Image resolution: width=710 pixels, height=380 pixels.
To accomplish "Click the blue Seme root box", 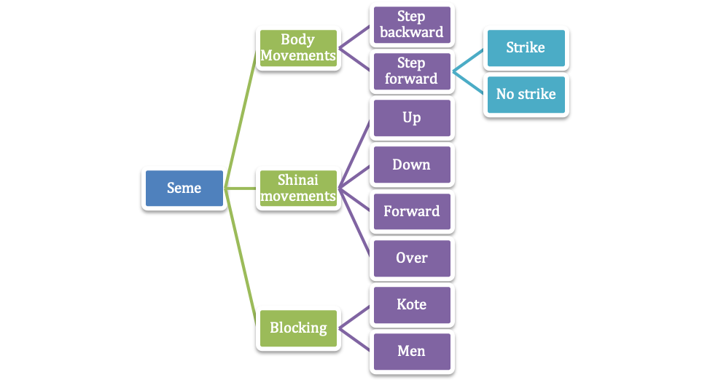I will (184, 188).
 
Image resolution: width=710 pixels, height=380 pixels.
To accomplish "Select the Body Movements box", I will (297, 47).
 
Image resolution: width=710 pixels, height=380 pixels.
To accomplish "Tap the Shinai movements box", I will (297, 188).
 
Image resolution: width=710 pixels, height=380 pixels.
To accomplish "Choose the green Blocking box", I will (297, 328).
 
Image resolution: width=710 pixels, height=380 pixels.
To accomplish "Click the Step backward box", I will (411, 24).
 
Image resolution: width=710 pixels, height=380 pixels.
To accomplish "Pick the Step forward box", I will (411, 71).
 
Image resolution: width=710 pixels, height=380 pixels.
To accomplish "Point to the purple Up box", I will (411, 118).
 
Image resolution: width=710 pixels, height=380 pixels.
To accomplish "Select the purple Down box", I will (411, 165).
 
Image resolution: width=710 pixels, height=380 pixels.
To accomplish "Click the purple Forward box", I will (411, 211).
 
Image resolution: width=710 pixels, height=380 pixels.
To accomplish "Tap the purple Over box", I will (411, 258).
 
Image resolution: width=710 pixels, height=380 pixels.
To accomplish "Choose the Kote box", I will (411, 304).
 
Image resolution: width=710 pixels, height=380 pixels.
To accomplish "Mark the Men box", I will (411, 351).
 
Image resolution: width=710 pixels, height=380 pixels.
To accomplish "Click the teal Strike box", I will (525, 47).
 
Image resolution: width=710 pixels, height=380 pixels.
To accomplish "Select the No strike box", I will (525, 94).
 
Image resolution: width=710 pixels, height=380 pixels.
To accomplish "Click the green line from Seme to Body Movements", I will (241, 116).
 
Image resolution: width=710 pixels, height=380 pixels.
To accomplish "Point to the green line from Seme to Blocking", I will (241, 258).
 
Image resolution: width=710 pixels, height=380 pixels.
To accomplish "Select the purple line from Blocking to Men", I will (355, 339).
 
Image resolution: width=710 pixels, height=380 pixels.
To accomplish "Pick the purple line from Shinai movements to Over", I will (355, 223).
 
